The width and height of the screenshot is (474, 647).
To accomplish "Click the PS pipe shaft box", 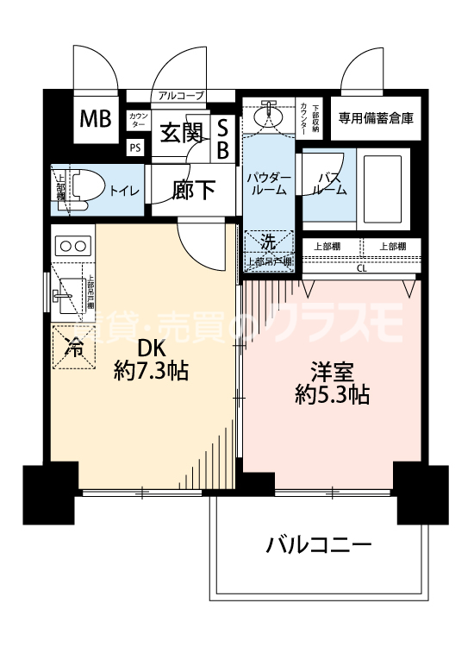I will pyautogui.click(x=135, y=147).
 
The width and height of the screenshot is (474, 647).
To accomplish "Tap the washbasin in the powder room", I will pyautogui.click(x=270, y=113).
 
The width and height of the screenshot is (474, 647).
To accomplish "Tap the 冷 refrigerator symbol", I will pyautogui.click(x=76, y=349).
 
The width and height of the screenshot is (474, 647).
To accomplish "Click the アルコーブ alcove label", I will pyautogui.click(x=181, y=96).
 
